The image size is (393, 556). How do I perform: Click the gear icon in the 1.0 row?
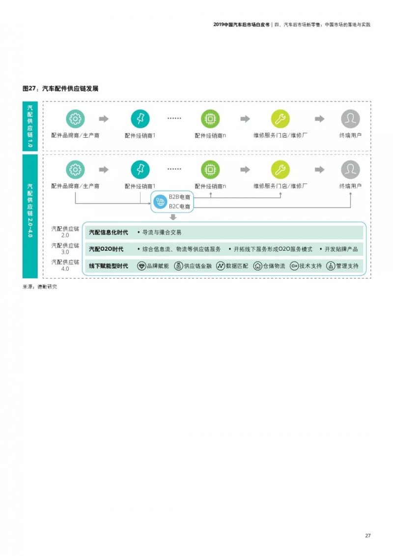[x=75, y=119]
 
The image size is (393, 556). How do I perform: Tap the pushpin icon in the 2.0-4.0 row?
[x=140, y=170]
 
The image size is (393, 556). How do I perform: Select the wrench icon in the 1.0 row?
[x=281, y=119]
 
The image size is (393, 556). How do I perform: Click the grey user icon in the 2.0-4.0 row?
[x=350, y=170]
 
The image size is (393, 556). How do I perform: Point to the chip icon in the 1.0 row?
[x=210, y=119]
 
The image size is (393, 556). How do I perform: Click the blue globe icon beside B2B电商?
[x=160, y=202]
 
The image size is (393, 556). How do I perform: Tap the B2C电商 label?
[x=179, y=206]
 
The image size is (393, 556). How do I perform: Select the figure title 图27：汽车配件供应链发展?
[x=60, y=88]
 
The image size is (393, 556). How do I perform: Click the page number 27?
[x=367, y=535]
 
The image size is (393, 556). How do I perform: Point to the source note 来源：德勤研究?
[x=40, y=287]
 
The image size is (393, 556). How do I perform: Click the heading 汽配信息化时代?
[x=109, y=232]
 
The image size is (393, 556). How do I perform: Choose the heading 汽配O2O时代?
[x=106, y=249]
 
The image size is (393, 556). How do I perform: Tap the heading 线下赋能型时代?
[x=109, y=265]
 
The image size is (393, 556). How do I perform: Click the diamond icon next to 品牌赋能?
[x=141, y=266]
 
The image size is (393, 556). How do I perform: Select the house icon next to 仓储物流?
[x=257, y=266]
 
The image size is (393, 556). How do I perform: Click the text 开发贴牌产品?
[x=341, y=249]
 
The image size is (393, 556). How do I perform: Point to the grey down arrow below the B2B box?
[x=173, y=217]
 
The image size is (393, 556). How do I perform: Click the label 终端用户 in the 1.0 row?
[x=350, y=135]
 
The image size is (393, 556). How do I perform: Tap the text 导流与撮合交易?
[x=162, y=232]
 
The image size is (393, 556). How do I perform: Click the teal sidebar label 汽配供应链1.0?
[x=30, y=126]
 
